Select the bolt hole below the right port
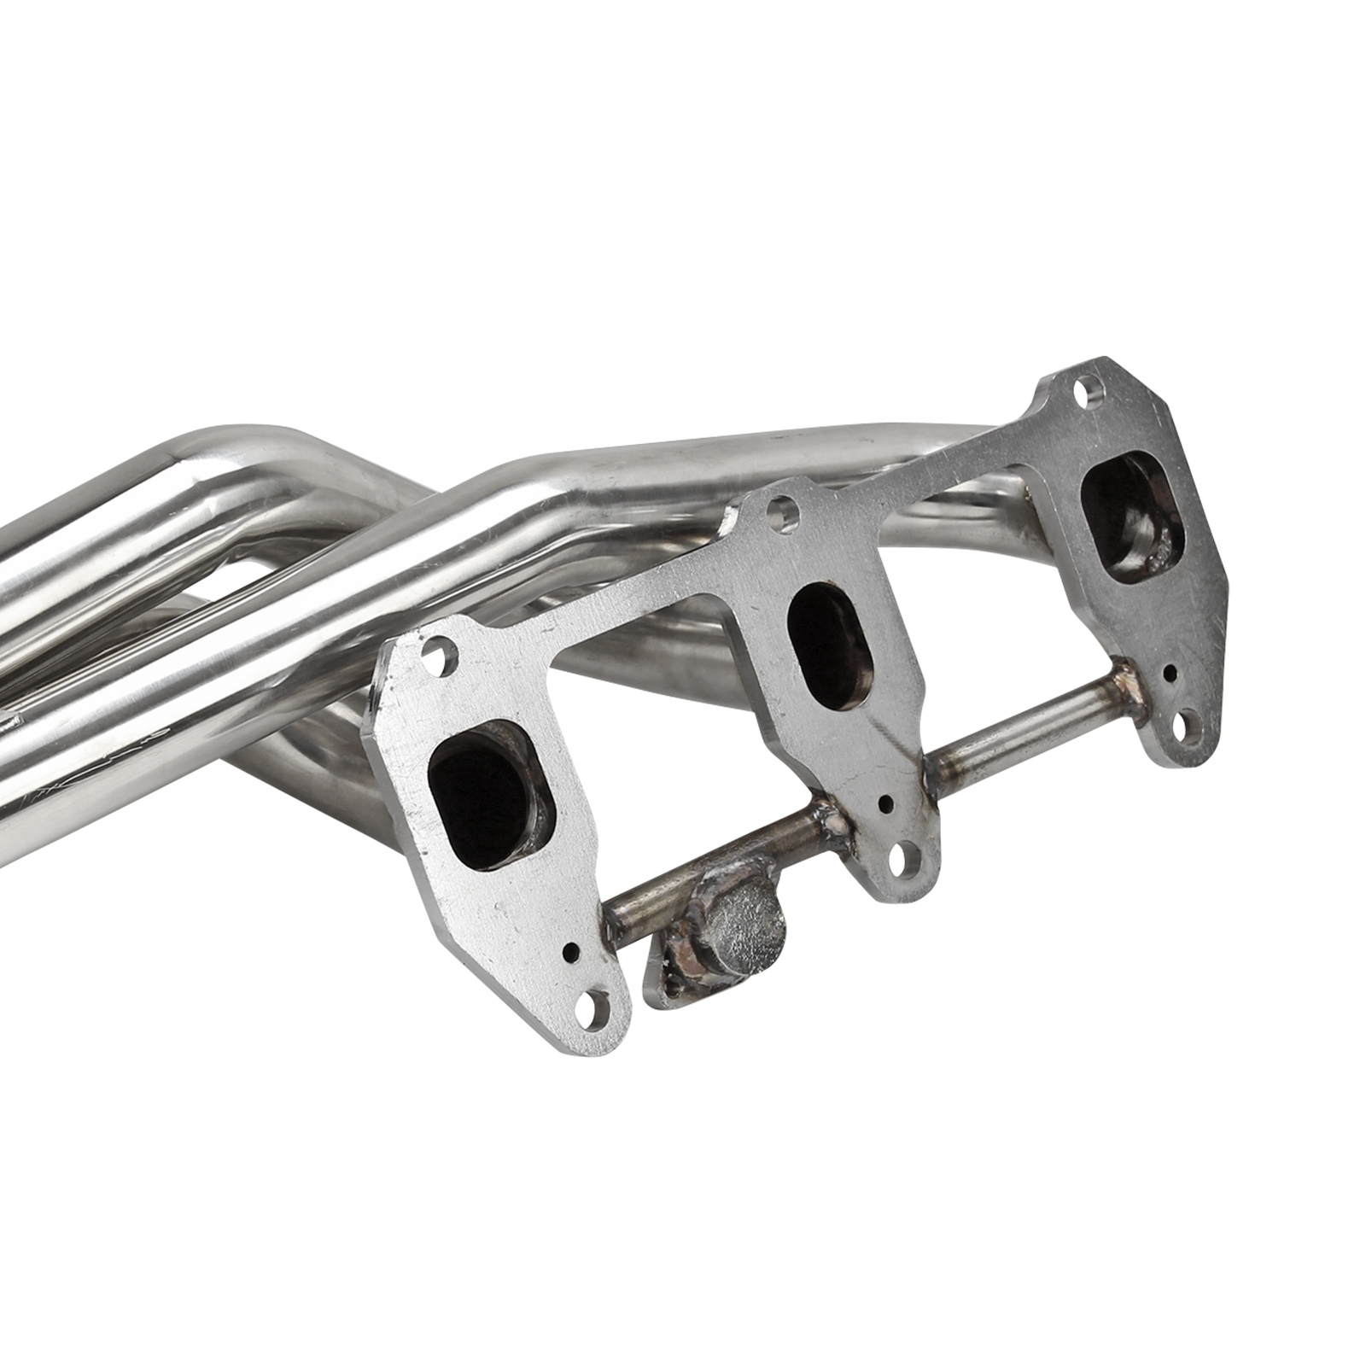tap(1182, 728)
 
